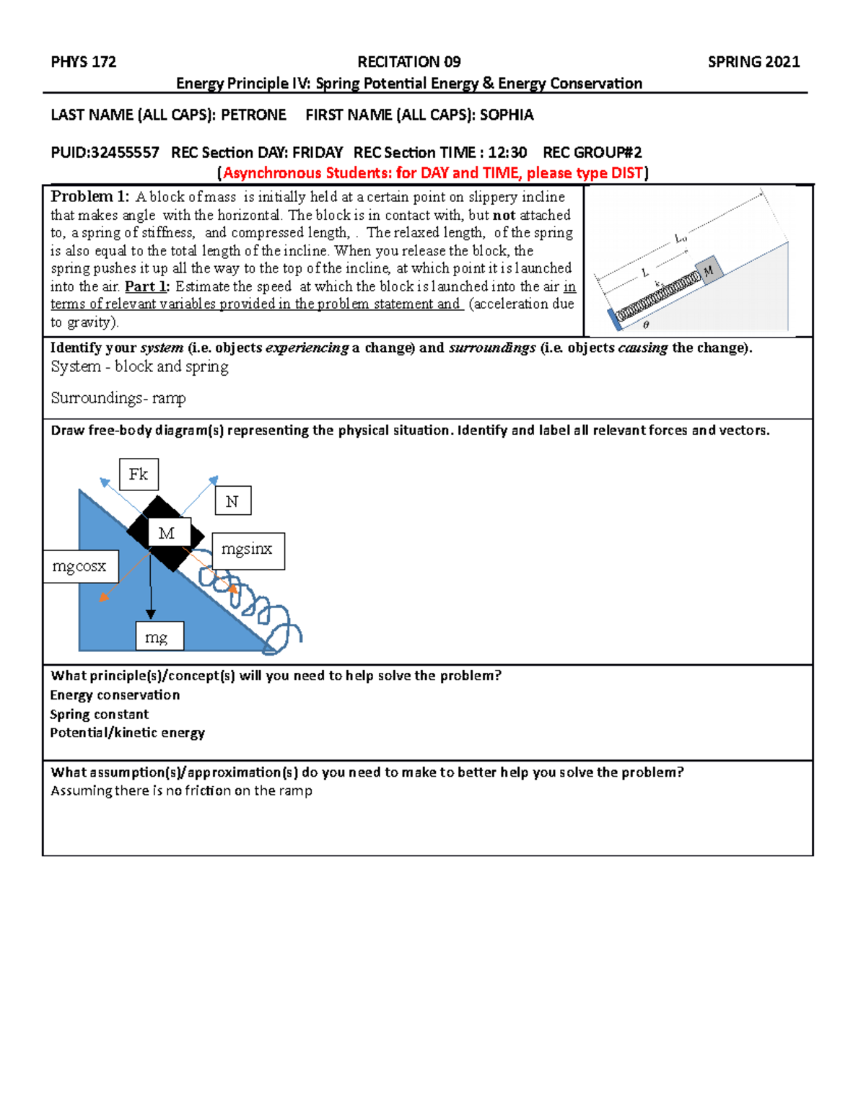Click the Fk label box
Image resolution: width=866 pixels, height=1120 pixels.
point(138,475)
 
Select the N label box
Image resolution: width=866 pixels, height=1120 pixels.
point(232,501)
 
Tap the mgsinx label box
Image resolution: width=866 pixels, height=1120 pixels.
point(247,550)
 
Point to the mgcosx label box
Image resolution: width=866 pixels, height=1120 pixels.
point(79,567)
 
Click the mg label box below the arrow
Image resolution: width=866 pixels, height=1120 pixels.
point(159,637)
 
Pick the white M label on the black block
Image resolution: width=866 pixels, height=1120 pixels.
point(167,533)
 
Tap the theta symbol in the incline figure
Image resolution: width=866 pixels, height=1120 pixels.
point(645,325)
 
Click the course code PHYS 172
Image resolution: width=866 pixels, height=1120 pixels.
point(83,62)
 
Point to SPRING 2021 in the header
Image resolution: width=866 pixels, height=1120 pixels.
point(753,62)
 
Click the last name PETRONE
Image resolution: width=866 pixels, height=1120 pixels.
point(253,115)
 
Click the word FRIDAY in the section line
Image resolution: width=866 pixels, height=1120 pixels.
point(317,153)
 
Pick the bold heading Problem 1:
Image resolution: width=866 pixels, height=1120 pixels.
point(89,197)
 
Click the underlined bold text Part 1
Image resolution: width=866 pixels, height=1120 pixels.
point(146,286)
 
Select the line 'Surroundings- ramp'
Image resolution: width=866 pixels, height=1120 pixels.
point(118,398)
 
